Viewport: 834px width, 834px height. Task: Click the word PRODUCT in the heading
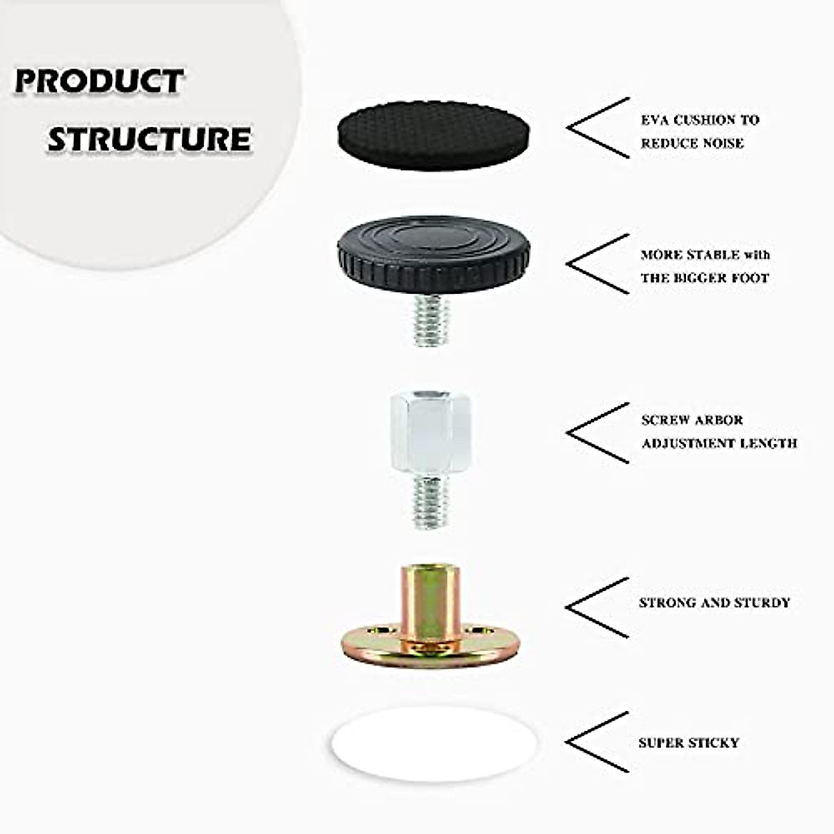(99, 81)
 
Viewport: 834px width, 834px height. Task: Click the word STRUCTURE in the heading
(149, 138)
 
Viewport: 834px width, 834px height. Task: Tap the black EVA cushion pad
(434, 136)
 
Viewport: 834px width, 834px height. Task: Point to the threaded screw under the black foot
(430, 319)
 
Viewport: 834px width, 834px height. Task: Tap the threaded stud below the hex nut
(430, 502)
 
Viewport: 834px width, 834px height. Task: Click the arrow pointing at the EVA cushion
(598, 128)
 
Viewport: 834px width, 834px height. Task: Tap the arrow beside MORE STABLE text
(598, 264)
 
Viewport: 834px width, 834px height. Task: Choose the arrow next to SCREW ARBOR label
(598, 433)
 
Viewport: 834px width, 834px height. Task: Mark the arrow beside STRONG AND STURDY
(598, 607)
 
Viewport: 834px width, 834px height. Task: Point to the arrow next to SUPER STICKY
(598, 742)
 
